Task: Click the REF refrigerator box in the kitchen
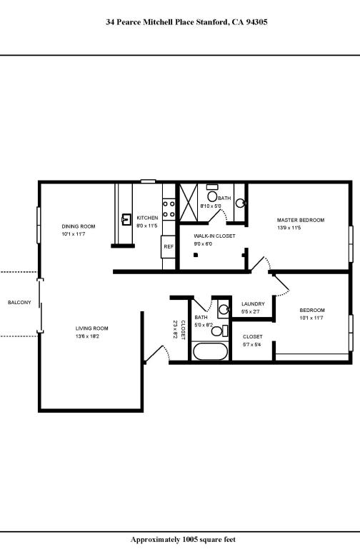point(169,246)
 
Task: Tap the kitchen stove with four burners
point(169,208)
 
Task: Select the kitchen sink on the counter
point(126,218)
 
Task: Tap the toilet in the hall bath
point(221,331)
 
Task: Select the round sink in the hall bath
point(223,310)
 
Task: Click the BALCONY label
point(19,303)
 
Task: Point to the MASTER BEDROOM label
point(301,220)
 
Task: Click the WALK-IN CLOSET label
point(214,235)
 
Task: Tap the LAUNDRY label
point(253,303)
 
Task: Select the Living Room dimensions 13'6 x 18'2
point(92,336)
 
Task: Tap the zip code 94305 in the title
point(255,22)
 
